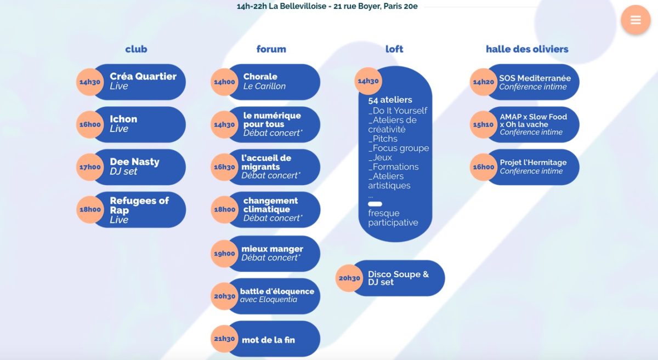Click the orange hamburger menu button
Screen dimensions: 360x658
point(636,20)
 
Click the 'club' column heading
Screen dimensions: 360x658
point(136,49)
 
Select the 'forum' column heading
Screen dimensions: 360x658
point(271,49)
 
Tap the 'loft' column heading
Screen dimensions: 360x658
point(394,49)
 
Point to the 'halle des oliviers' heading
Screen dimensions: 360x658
point(527,49)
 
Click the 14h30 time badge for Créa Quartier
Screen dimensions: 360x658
point(90,82)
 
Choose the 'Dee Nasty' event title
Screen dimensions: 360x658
point(134,162)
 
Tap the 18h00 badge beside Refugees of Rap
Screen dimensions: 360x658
point(90,209)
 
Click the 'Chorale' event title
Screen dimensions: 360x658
point(260,77)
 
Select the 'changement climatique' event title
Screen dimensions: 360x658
point(270,205)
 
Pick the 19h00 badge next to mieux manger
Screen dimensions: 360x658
point(224,254)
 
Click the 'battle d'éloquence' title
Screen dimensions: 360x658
point(277,292)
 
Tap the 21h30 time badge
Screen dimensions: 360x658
point(224,339)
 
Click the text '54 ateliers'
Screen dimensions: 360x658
point(390,100)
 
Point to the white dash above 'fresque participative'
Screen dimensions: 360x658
point(375,204)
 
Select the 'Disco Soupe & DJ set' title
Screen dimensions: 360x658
point(398,278)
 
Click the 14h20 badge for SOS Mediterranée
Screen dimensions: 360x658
point(484,82)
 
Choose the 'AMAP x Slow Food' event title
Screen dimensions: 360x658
point(533,117)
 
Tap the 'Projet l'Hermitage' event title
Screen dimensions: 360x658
point(533,163)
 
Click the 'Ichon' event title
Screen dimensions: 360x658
point(123,119)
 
